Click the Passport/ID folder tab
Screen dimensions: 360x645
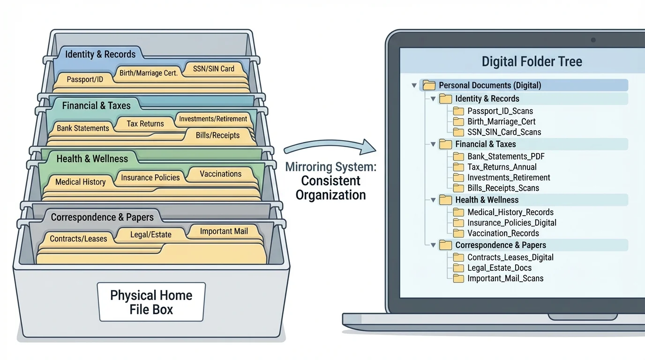tap(85, 80)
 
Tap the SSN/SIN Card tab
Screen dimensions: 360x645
tap(214, 69)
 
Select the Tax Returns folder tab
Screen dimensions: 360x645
tap(145, 124)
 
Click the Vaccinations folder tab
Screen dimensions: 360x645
tap(220, 174)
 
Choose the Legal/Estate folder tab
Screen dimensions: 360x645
tap(150, 234)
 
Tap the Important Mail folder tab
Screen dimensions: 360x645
tap(224, 231)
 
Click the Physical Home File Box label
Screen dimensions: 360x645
tap(151, 302)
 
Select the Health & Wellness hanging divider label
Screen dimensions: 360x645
tap(92, 159)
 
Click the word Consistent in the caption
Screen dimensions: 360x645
tap(330, 181)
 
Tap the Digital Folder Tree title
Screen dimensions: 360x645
tap(532, 61)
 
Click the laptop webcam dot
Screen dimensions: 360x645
tap(593, 40)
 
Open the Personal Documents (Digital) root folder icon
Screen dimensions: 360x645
tap(429, 85)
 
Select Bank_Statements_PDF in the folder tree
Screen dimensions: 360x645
tap(506, 157)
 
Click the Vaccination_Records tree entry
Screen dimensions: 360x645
tap(503, 233)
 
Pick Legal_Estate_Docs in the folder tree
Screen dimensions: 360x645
tap(499, 268)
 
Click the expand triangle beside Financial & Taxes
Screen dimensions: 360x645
tap(433, 144)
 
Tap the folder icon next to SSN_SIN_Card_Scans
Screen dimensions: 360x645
tap(458, 132)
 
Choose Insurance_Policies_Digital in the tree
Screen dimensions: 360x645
tap(511, 223)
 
